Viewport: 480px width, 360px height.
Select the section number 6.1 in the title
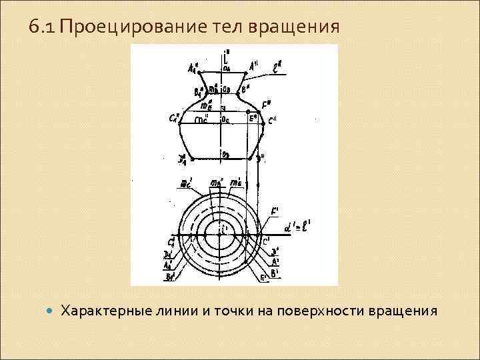point(43,27)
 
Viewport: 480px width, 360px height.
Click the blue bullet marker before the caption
point(48,311)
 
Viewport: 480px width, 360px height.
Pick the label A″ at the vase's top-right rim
point(255,65)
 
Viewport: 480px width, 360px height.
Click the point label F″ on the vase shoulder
point(267,104)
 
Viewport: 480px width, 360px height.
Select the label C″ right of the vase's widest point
point(273,121)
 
